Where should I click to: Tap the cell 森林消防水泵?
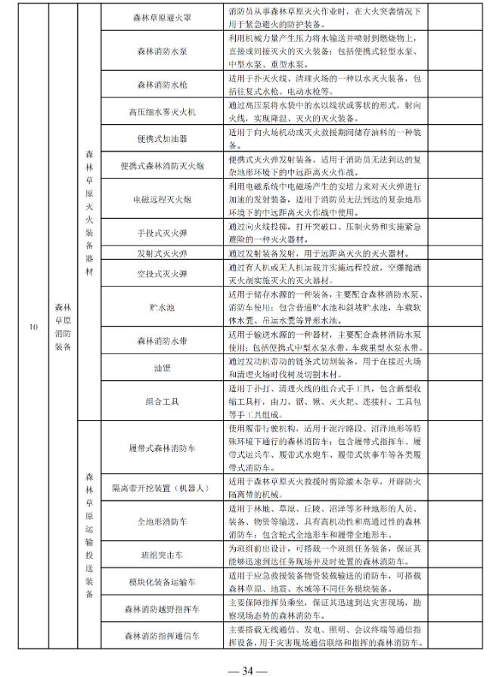[x=163, y=51]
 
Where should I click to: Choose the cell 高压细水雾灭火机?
[x=163, y=113]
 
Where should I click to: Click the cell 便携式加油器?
[x=163, y=139]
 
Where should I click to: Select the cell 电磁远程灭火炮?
[x=163, y=199]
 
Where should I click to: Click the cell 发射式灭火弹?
[x=163, y=253]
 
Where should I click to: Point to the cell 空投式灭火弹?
[x=163, y=273]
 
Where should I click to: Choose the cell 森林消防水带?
[x=163, y=341]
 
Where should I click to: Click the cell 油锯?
[x=163, y=369]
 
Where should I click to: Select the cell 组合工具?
[x=163, y=401]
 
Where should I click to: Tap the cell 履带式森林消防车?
[x=163, y=447]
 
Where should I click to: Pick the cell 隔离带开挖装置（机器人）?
[x=163, y=487]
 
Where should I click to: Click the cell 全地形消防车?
[x=163, y=521]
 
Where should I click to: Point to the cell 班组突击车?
[x=163, y=555]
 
